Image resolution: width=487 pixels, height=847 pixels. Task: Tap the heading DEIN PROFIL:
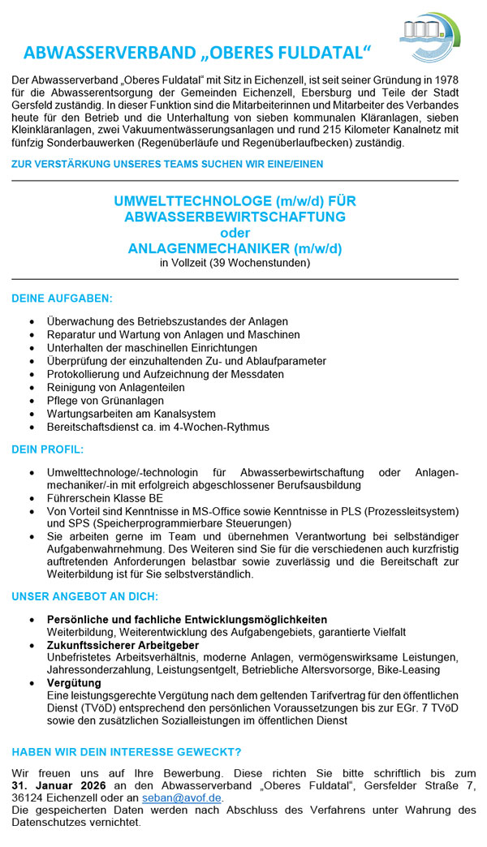[48, 449]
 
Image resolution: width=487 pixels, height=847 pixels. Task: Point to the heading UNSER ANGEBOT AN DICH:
[84, 596]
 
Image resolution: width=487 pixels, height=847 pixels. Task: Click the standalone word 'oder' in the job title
[235, 233]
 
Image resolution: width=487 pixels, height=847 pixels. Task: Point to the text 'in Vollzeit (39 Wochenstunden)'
[235, 263]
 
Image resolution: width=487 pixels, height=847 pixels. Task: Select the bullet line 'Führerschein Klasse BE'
[105, 498]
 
